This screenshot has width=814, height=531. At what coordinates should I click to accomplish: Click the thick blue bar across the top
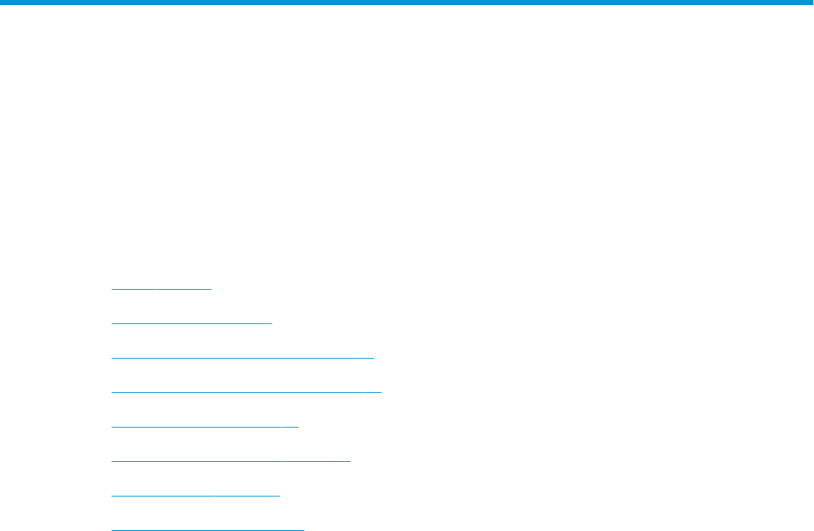pos(407,3)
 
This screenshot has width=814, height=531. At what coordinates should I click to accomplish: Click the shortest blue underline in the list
pos(161,289)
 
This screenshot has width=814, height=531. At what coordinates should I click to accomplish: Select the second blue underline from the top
pos(191,323)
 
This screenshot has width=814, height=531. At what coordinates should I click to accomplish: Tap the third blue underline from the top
pos(242,358)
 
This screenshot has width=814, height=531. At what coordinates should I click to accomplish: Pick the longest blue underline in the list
pos(246,392)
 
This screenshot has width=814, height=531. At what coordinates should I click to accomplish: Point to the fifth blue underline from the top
pos(204,427)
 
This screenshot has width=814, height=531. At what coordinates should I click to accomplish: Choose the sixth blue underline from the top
pos(231,461)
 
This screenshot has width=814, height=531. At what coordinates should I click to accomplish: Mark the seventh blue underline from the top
pos(195,496)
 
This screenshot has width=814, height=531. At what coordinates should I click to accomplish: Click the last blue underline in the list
pos(207,529)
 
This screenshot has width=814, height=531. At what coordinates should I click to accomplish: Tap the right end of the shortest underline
pos(211,289)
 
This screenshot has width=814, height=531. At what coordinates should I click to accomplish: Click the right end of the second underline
pos(271,323)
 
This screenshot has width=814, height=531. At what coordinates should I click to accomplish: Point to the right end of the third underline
pos(373,358)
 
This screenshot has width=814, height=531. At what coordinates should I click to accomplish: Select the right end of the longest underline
pos(382,392)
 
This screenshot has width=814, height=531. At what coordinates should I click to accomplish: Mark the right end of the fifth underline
pos(299,427)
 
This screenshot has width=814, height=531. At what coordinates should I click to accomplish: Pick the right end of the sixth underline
pos(350,461)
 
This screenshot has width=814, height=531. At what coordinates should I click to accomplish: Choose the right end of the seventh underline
pos(279,496)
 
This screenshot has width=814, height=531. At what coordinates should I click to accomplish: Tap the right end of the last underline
pos(303,529)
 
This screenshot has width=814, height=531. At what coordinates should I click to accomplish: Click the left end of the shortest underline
pos(112,289)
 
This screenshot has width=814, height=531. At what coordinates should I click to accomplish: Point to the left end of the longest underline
pos(112,392)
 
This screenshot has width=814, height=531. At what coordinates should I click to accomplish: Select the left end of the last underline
pos(112,529)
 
